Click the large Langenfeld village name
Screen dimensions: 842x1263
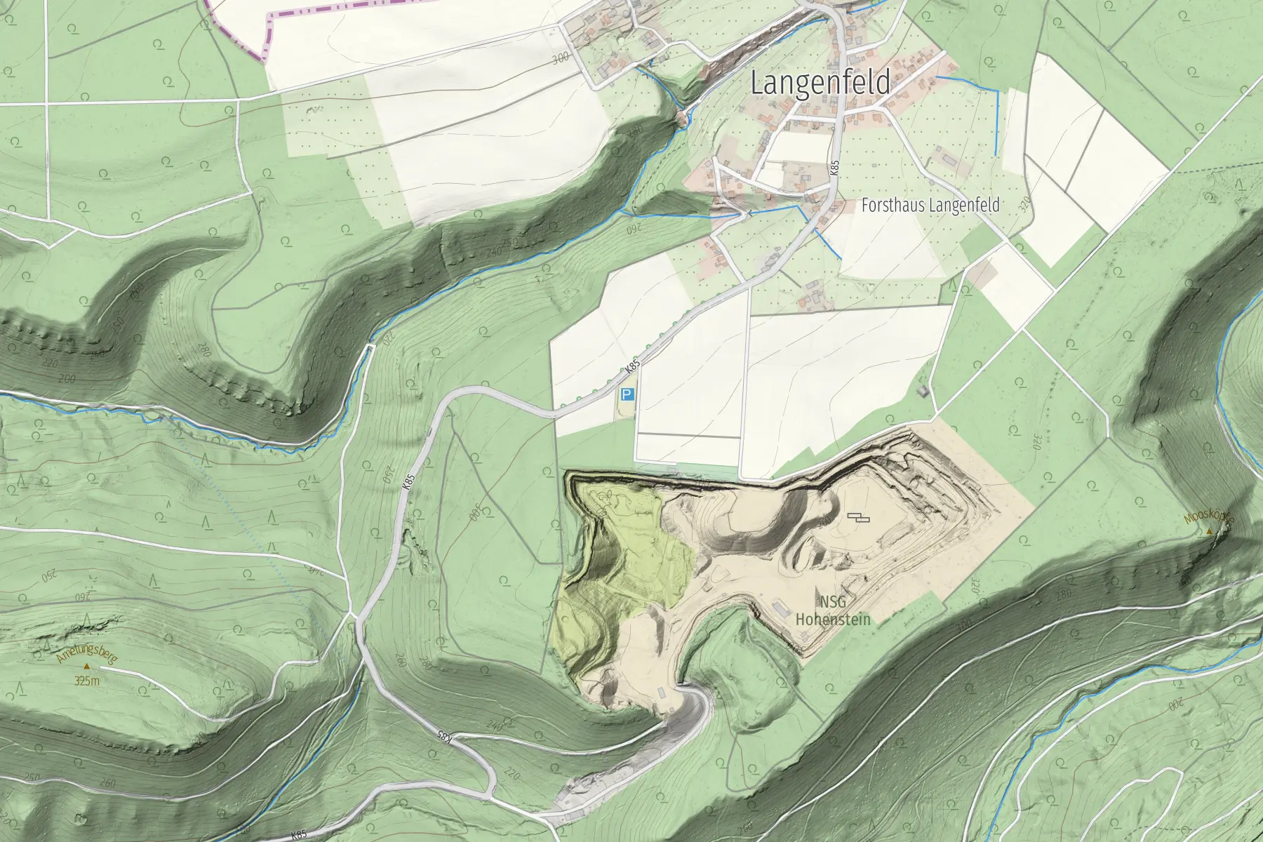[820, 83]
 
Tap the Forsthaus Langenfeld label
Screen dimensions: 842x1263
[930, 206]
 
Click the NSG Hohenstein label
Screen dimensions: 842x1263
[832, 610]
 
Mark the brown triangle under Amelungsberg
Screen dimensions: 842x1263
[86, 666]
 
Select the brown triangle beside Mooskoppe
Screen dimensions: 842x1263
[1209, 533]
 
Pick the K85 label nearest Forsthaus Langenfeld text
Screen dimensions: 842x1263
[834, 168]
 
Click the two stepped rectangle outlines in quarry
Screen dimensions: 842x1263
[857, 518]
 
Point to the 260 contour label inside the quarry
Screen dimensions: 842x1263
[603, 500]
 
